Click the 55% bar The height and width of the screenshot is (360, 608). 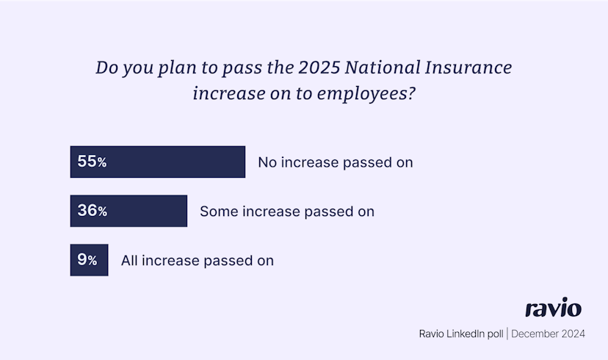point(157,162)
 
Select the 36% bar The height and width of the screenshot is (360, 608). point(129,211)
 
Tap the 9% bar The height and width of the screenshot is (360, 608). point(89,260)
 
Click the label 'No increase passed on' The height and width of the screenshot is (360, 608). point(336,162)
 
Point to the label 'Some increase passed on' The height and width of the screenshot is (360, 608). point(287,212)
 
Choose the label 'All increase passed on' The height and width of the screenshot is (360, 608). point(198,260)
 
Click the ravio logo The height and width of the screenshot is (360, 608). point(554,307)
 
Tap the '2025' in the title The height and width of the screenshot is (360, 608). point(319,67)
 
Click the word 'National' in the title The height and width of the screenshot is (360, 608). point(383,67)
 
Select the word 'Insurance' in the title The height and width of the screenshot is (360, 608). point(468,67)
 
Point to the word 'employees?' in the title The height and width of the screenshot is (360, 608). point(366,94)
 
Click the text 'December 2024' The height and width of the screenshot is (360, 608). point(548,334)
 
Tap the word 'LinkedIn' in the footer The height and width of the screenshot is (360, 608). point(469,334)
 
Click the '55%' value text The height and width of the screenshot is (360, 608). point(92,162)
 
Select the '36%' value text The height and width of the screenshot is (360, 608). point(93,211)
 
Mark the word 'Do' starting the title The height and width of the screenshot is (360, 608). point(106,67)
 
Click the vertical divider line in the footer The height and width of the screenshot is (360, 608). point(507,334)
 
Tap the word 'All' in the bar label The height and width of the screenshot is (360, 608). point(129,260)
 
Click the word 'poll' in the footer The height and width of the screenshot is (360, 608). point(495,334)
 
